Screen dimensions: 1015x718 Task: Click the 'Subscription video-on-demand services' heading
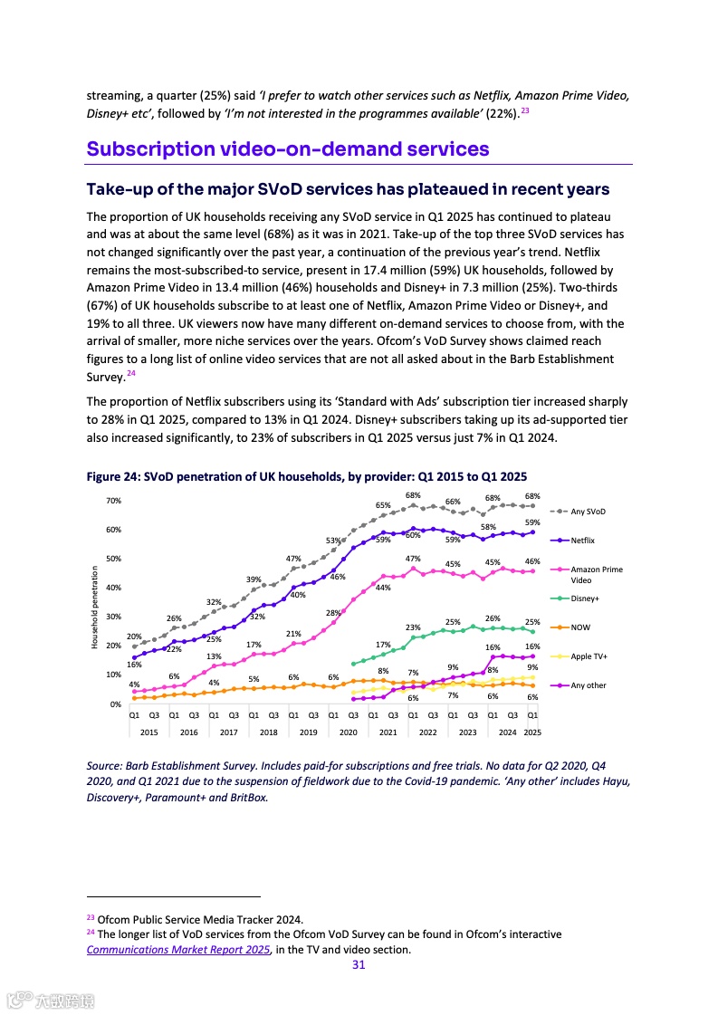click(x=288, y=149)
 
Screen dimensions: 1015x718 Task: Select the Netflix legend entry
click(x=582, y=541)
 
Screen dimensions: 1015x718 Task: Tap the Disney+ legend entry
click(x=585, y=598)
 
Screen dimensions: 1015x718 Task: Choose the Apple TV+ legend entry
click(x=589, y=656)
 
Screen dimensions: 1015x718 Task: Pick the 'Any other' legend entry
click(x=589, y=685)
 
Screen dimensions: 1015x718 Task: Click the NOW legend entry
click(x=580, y=627)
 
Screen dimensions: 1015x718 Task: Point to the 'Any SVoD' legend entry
click(x=588, y=512)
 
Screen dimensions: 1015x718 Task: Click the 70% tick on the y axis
click(x=113, y=501)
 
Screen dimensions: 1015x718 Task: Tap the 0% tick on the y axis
click(x=116, y=704)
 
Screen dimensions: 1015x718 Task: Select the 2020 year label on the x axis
click(x=349, y=732)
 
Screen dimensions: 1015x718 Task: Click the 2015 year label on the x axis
click(x=148, y=732)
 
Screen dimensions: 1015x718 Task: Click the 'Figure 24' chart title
click(x=306, y=476)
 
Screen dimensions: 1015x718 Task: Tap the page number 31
click(x=359, y=965)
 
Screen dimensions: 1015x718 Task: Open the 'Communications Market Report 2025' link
click(x=178, y=950)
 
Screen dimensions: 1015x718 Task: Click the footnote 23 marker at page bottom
click(x=90, y=918)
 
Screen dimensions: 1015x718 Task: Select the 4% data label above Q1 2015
click(x=134, y=684)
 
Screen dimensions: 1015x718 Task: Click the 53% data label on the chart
click(x=332, y=541)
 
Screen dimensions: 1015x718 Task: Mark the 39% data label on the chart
click(x=254, y=579)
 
